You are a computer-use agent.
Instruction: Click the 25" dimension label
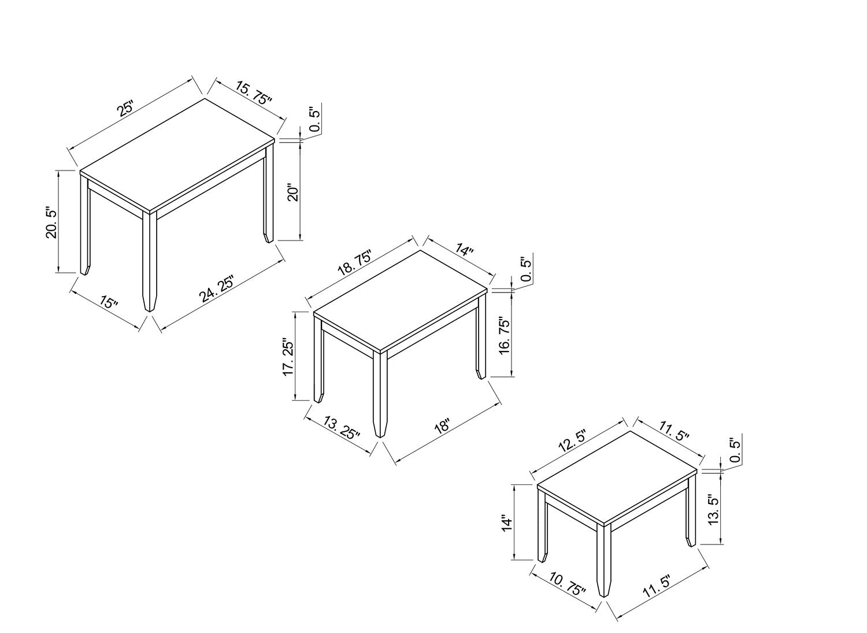pyautogui.click(x=125, y=109)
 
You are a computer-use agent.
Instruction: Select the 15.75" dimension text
pyautogui.click(x=254, y=93)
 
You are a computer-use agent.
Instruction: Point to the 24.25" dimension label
pyautogui.click(x=217, y=288)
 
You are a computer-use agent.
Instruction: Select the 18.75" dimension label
pyautogui.click(x=354, y=263)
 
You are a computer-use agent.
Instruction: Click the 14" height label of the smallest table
pyautogui.click(x=507, y=523)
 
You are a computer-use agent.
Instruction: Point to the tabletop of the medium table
pyautogui.click(x=400, y=301)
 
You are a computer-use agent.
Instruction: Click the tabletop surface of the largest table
pyautogui.click(x=177, y=156)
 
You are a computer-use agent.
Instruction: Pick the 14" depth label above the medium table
pyautogui.click(x=464, y=249)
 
